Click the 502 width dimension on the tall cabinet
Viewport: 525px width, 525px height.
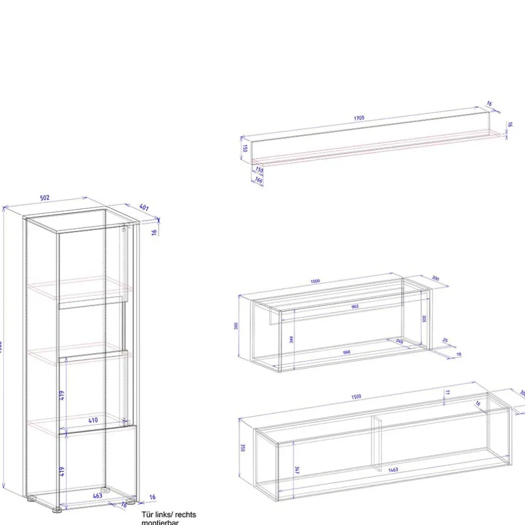(x=45, y=198)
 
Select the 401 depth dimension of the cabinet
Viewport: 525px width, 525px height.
(x=144, y=208)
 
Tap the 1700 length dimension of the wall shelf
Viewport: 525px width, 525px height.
(x=359, y=118)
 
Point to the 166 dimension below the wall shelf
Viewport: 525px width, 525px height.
(x=259, y=180)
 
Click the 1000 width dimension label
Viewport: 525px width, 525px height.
(x=315, y=281)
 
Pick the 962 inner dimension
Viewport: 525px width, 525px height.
(x=355, y=307)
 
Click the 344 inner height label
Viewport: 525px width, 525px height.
(x=292, y=339)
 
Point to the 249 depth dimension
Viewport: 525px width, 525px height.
(x=399, y=341)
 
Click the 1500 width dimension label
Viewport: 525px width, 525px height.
(x=356, y=397)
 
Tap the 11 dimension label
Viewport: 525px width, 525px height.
(x=447, y=393)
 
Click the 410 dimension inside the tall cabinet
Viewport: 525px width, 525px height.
(x=93, y=420)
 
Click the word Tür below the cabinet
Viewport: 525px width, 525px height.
(x=147, y=514)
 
